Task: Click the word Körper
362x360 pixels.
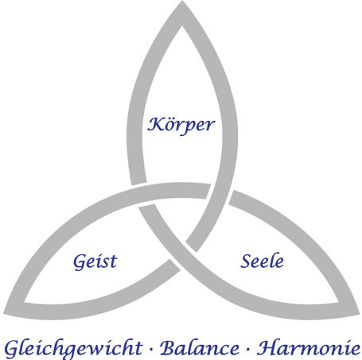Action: (x=181, y=126)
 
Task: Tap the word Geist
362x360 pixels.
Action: (x=95, y=261)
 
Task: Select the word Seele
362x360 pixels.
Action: (x=262, y=261)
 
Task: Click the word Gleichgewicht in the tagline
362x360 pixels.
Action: (x=73, y=349)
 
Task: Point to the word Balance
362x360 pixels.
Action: (x=200, y=348)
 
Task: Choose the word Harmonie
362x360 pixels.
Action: (x=309, y=348)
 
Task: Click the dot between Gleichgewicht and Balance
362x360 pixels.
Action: (x=151, y=350)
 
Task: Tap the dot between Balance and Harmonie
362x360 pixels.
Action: (x=248, y=350)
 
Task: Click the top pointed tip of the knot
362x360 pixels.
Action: (x=182, y=1)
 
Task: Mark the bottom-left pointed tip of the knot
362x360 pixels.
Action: (x=4, y=314)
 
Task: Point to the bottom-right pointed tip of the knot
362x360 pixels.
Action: (x=360, y=314)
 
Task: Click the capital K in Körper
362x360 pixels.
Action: (x=154, y=125)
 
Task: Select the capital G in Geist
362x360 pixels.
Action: (x=80, y=262)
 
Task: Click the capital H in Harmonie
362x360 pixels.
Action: (x=268, y=347)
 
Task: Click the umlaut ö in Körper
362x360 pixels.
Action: (x=168, y=125)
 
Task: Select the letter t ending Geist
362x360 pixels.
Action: (x=114, y=261)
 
